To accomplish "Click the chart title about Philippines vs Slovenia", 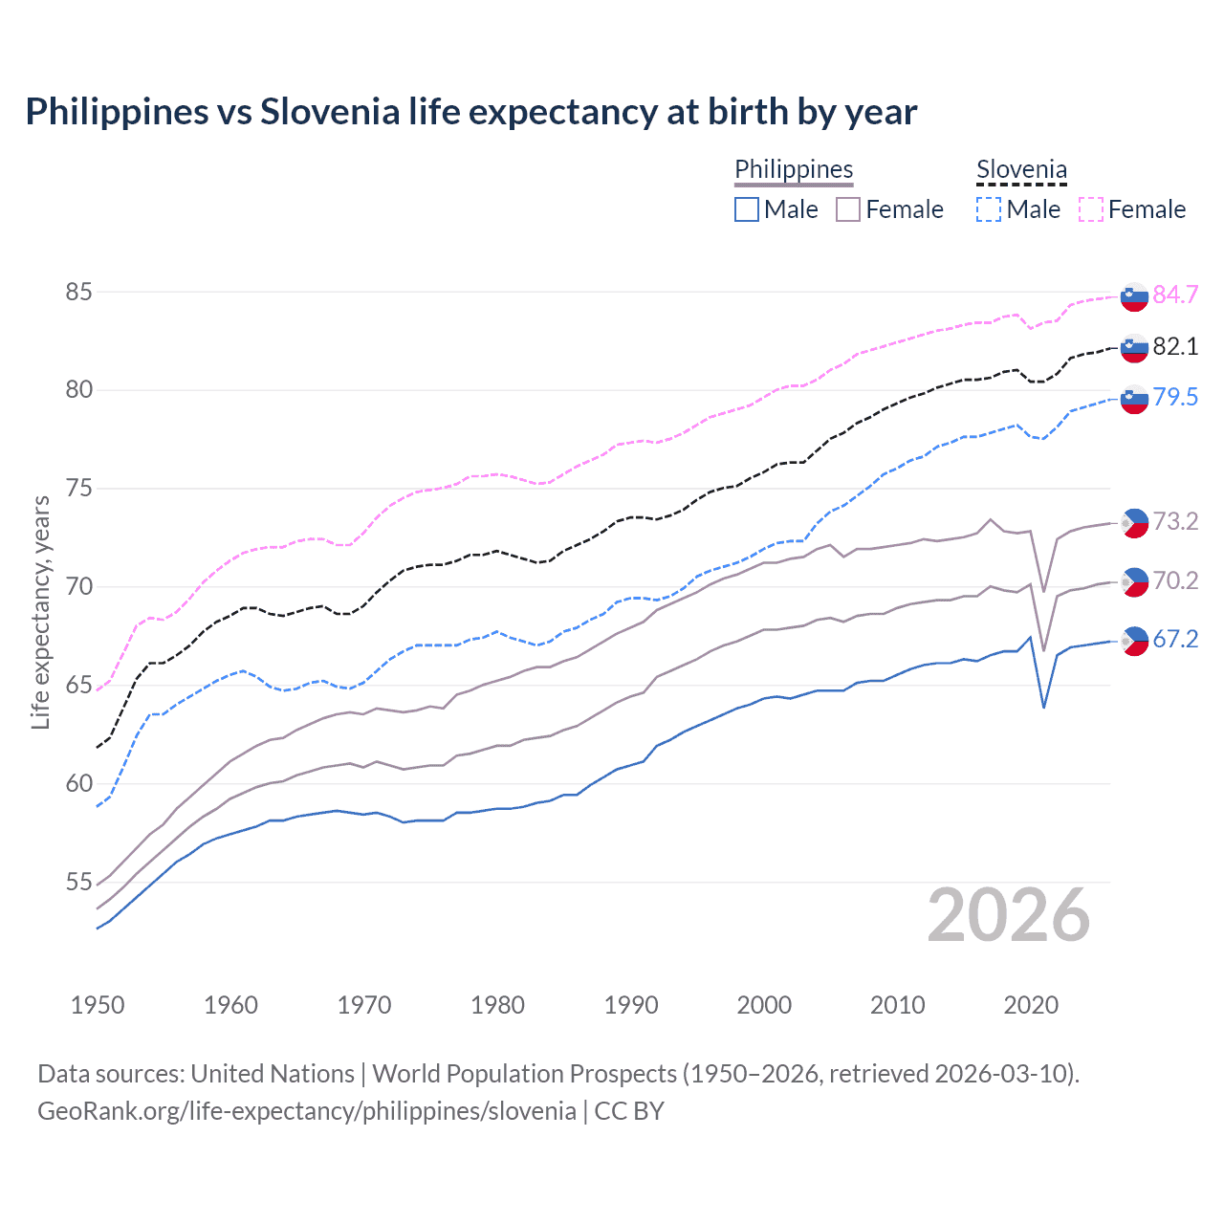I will [470, 112].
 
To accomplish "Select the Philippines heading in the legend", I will [794, 169].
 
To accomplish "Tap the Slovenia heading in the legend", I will [1021, 170].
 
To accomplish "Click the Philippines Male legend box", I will [747, 209].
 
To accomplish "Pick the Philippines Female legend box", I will [848, 209].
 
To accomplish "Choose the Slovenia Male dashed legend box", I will [989, 209].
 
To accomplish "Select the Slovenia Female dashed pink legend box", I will [1091, 209].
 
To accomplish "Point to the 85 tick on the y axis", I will [78, 292].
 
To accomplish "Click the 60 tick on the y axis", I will [78, 783].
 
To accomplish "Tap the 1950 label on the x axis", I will [98, 1005].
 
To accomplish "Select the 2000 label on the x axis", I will [764, 1005].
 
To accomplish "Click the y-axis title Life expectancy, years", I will [40, 612].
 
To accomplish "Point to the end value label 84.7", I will [1175, 295].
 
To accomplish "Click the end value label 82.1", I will [1175, 346].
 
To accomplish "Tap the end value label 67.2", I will [1175, 639].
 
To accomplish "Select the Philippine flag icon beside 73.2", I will [1134, 522].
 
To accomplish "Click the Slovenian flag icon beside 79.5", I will [1134, 399].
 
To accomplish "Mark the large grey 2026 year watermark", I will [1008, 915].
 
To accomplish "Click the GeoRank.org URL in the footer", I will [306, 1110].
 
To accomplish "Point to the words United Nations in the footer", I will [273, 1074].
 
